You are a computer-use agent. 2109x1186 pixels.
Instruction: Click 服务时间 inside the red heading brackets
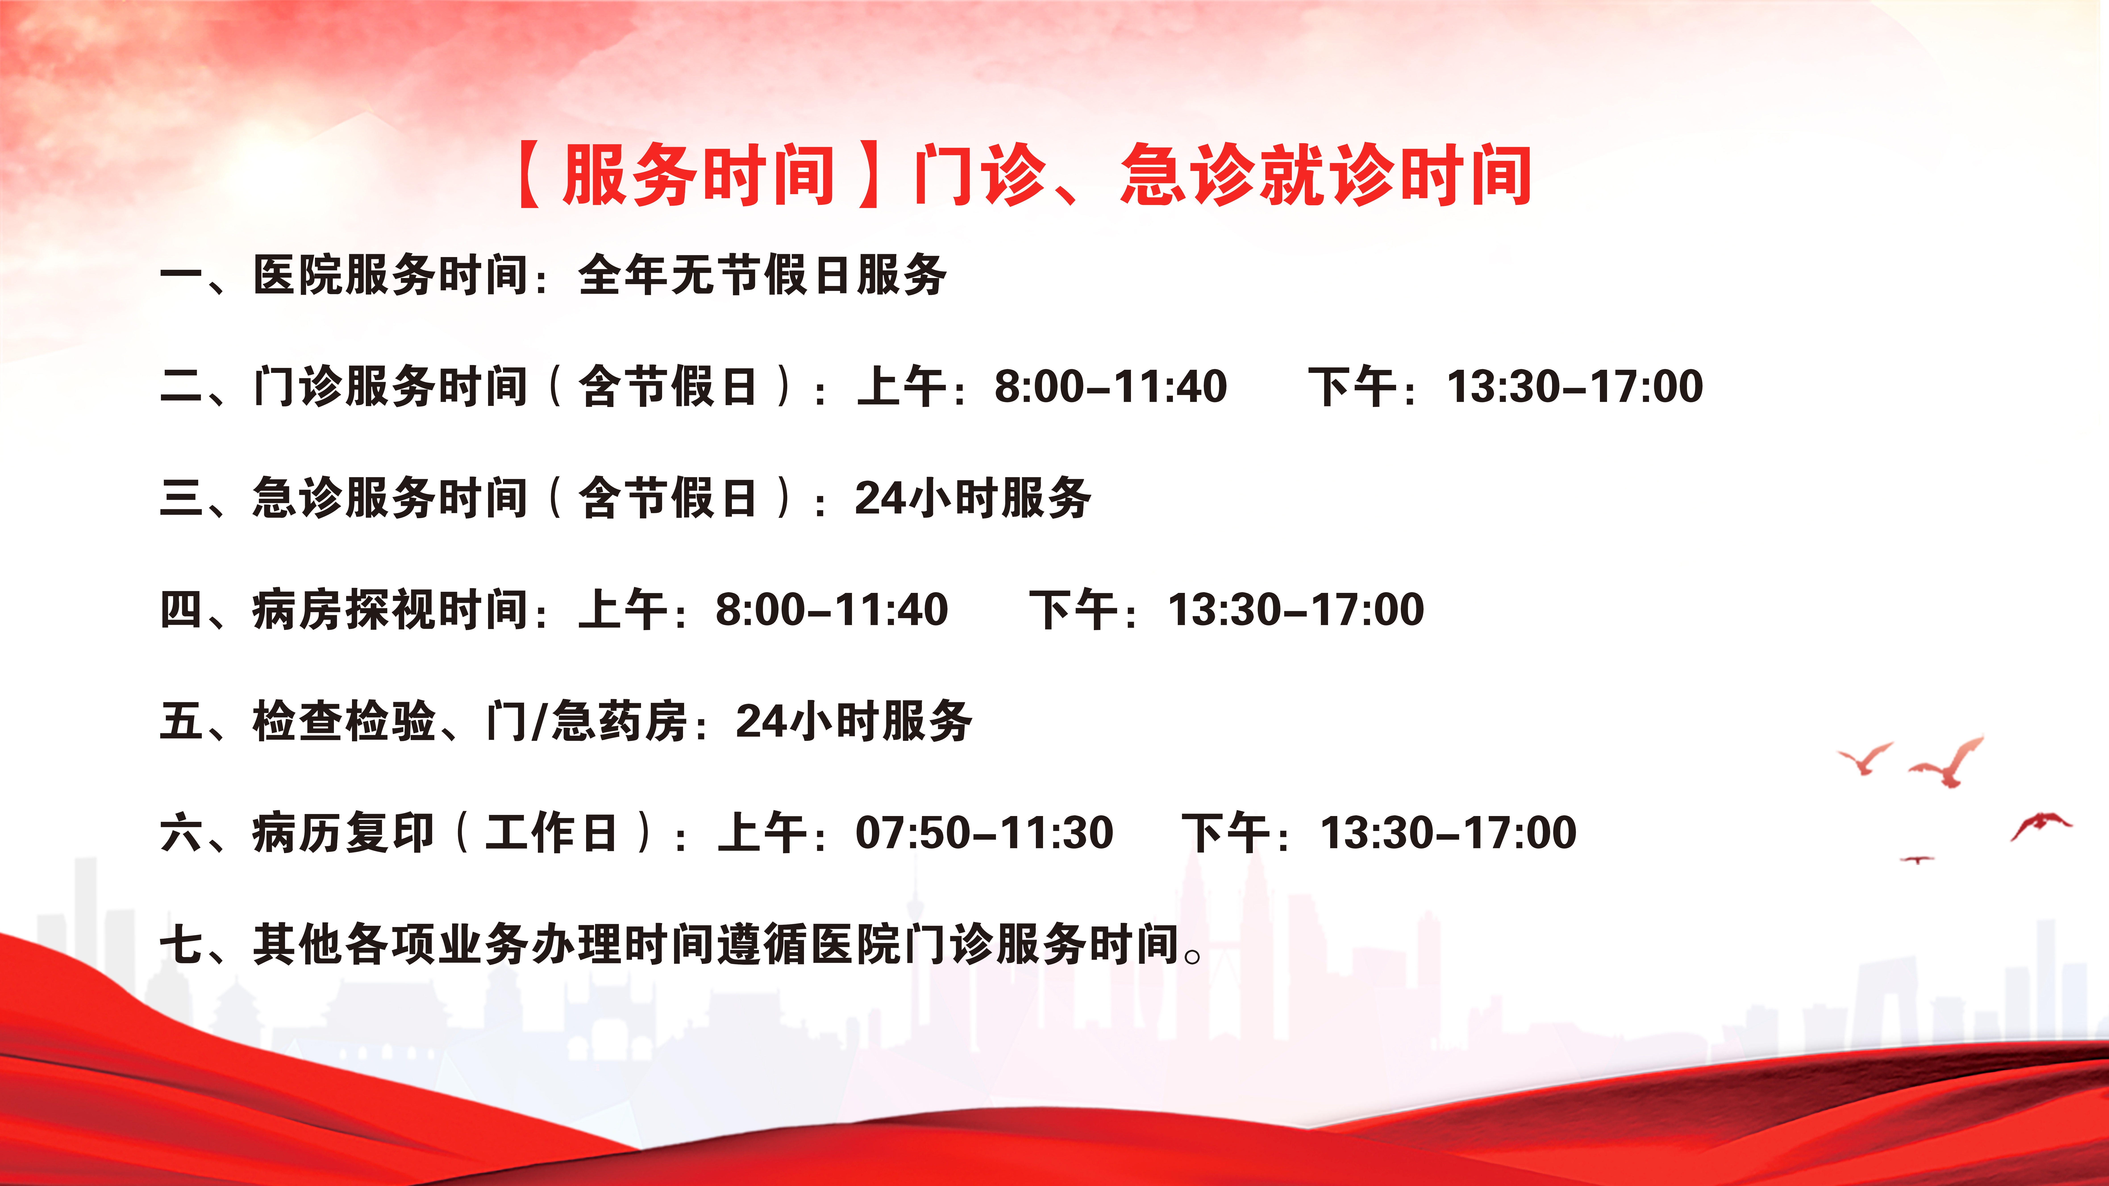(698, 174)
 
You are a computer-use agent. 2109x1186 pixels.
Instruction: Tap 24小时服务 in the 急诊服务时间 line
(973, 498)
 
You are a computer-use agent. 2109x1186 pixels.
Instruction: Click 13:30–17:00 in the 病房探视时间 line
(1296, 610)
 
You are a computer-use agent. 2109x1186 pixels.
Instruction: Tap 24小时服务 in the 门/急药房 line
(854, 721)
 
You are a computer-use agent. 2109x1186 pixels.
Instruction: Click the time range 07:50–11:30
(984, 833)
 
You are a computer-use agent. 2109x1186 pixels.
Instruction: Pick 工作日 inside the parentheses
(550, 833)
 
